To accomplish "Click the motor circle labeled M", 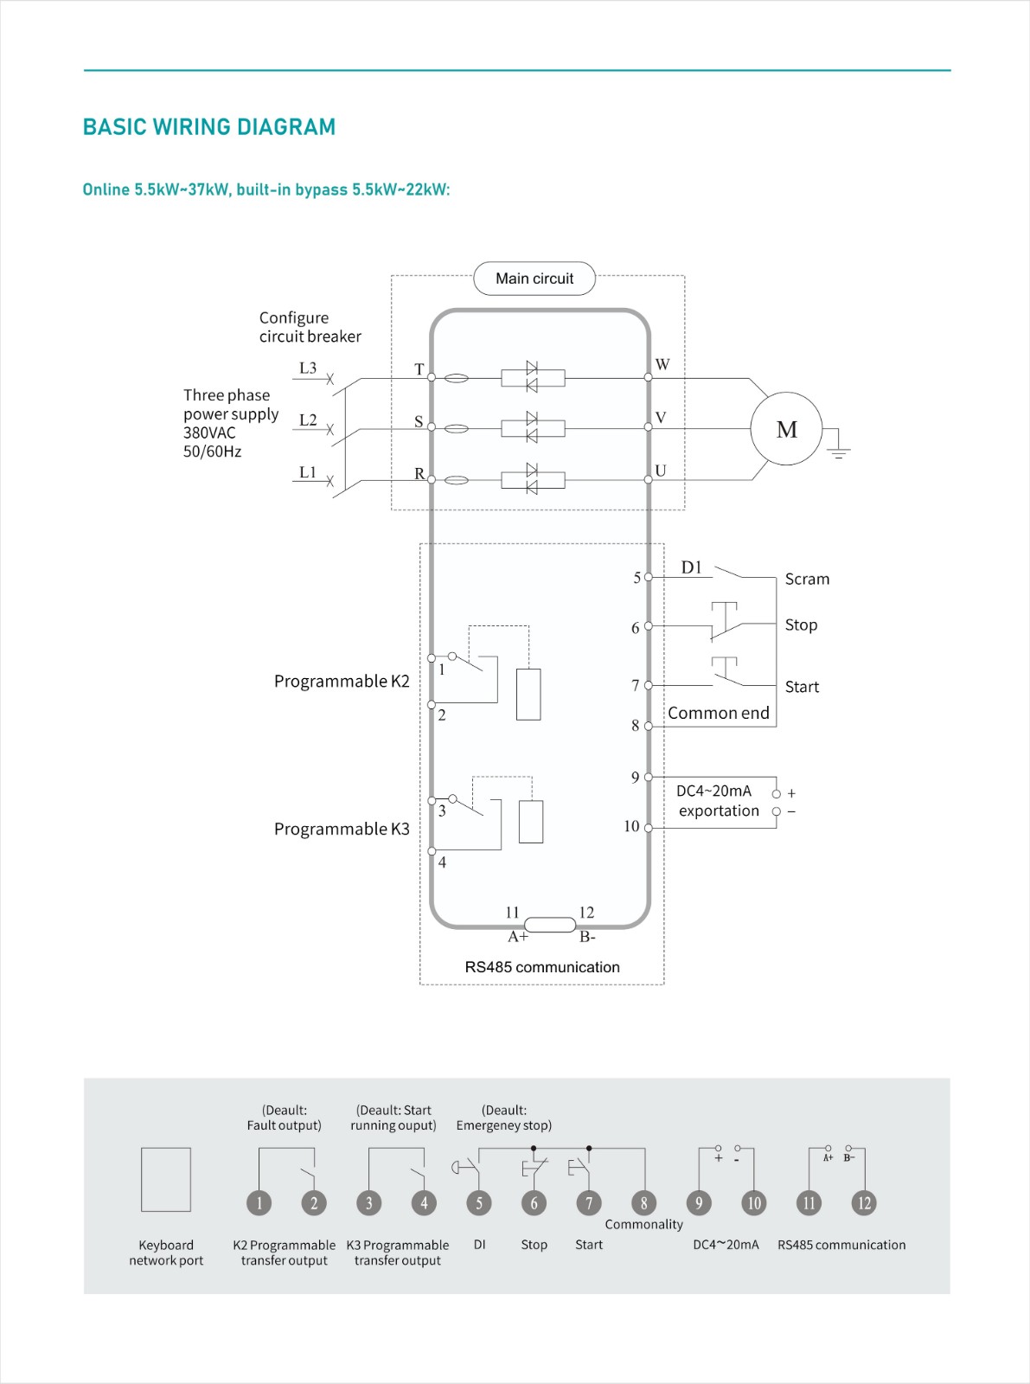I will tap(786, 429).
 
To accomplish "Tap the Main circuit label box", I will tap(534, 279).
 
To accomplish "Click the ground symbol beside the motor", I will tap(838, 449).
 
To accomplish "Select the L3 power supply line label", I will tap(308, 368).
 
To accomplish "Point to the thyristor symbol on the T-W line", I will tap(532, 377).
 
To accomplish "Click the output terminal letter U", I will tap(661, 471).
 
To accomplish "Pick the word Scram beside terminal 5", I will tap(807, 580).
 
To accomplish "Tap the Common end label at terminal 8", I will tap(718, 713).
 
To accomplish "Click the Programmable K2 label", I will tap(342, 682).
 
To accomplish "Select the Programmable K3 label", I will tap(342, 830).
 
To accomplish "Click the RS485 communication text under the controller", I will tap(542, 967).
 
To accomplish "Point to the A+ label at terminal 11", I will tap(517, 938).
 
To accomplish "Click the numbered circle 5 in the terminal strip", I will tap(479, 1203).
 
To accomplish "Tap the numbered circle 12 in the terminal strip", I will tap(864, 1203).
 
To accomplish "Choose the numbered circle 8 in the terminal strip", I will tap(643, 1203).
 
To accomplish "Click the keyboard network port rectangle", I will tap(166, 1180).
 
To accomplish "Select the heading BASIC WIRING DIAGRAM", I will tap(209, 127).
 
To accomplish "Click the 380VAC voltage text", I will tap(209, 433).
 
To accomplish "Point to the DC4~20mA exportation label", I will tap(718, 801).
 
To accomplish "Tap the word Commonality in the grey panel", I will tap(643, 1225).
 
